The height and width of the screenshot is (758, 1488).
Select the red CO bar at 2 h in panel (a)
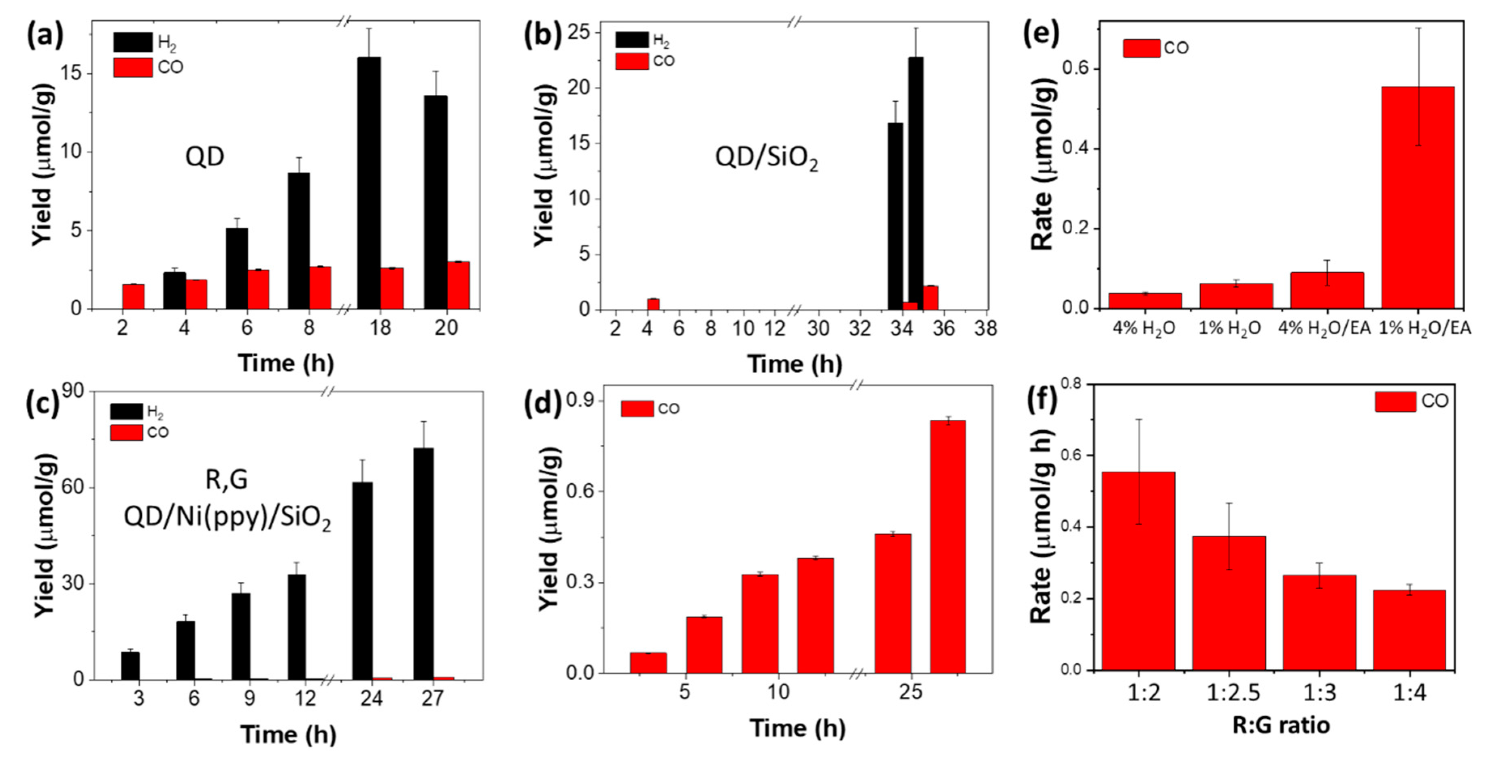click(134, 296)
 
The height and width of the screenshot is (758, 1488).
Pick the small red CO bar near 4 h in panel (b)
click(653, 303)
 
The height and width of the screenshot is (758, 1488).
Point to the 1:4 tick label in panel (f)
click(1409, 692)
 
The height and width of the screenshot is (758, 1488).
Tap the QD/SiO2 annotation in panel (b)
click(767, 157)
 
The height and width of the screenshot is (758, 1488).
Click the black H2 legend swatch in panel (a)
click(133, 42)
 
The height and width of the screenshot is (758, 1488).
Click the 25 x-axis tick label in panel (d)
click(910, 692)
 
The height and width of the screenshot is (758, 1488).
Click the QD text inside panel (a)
click(204, 157)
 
